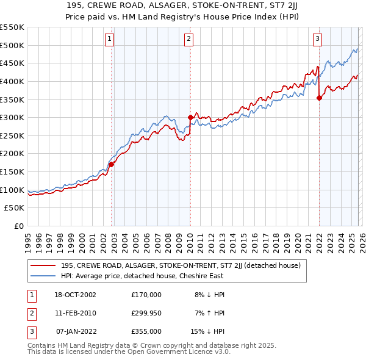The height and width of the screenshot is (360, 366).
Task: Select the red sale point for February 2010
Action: point(190,117)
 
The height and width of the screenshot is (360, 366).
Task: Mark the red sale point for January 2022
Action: point(319,97)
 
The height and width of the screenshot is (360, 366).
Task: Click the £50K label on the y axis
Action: point(15,208)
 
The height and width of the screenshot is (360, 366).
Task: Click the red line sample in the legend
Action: point(43,265)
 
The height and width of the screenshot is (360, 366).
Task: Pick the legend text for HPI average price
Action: point(142,276)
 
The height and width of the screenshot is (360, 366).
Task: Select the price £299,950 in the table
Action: point(146,313)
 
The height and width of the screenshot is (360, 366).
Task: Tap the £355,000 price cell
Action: point(146,331)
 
